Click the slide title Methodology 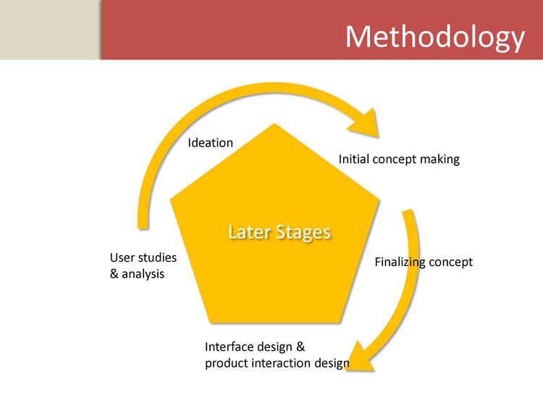coord(434,36)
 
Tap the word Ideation coord(211,143)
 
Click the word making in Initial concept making coord(439,159)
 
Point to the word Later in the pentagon coord(248,232)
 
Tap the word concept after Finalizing coord(451,262)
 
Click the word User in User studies coord(122,258)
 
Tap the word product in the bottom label coord(226,363)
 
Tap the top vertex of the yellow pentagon coord(274,125)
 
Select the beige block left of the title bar coord(50,30)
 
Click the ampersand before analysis coord(114,275)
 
